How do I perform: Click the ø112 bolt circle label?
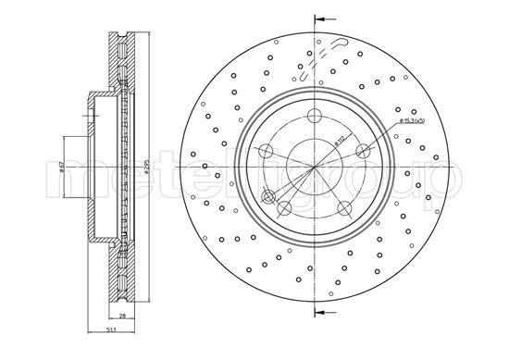340,141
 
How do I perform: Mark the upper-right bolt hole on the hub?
364,152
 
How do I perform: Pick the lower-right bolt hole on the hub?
344,208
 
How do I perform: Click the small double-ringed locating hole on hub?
269,195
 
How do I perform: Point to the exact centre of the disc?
315,168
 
